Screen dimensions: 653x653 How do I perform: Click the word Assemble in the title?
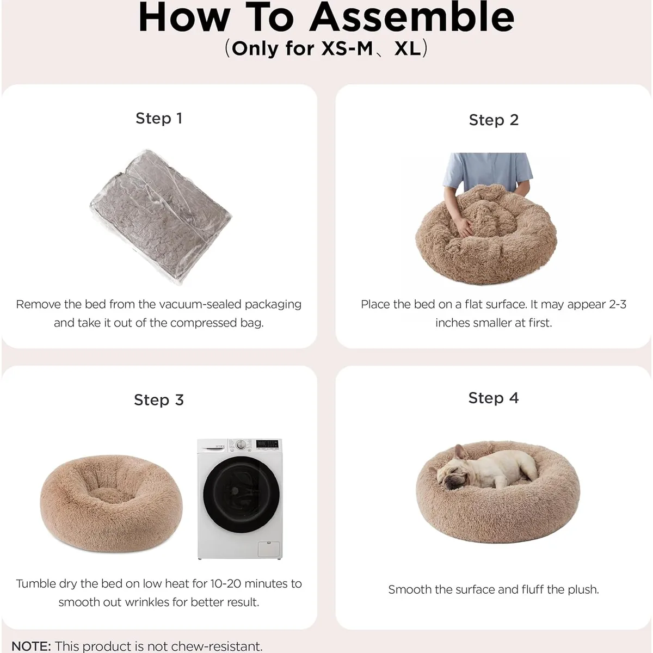click(x=412, y=17)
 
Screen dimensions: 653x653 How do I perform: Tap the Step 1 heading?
click(x=159, y=118)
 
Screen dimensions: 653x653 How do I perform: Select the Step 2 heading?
click(x=494, y=120)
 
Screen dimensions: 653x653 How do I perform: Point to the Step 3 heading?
click(x=159, y=400)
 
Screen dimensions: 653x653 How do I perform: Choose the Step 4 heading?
click(x=494, y=398)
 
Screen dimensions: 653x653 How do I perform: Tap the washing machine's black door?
click(x=241, y=495)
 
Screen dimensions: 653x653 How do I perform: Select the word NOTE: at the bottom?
click(x=31, y=646)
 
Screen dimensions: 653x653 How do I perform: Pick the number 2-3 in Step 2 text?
click(x=618, y=304)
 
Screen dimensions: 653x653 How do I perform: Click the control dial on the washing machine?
click(x=241, y=444)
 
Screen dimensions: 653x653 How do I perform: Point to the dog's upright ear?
click(x=459, y=452)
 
